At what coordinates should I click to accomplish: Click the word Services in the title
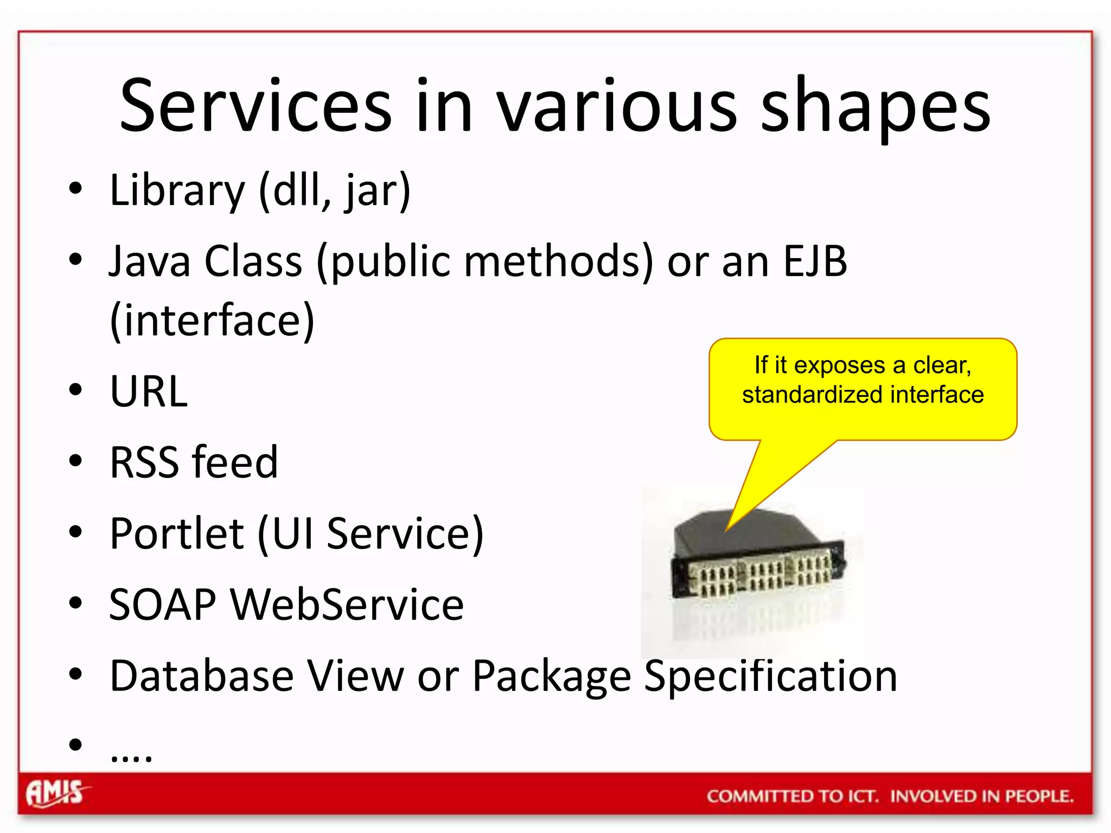coord(255,106)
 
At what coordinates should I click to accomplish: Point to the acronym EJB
coord(815,261)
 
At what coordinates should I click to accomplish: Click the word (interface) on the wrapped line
coord(212,321)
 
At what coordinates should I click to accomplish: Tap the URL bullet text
coord(149,391)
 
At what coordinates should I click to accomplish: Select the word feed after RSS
coord(235,463)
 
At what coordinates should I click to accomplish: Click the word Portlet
coord(176,534)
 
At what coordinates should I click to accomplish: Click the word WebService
coord(347,605)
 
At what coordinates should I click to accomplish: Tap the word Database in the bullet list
coord(201,676)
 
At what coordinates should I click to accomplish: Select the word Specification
coord(770,676)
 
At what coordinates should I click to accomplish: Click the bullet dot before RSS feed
coord(75,461)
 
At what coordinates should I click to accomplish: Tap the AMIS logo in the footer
coord(56,793)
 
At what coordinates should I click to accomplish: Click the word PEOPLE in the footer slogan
coord(1039,796)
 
